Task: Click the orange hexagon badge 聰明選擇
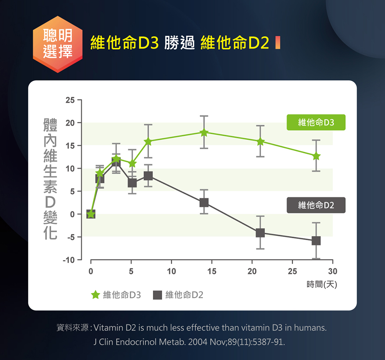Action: click(58, 44)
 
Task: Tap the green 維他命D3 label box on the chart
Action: click(316, 122)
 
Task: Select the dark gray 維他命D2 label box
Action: click(316, 205)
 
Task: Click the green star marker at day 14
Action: click(204, 133)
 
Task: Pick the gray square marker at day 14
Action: click(204, 203)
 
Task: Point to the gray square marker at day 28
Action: click(316, 241)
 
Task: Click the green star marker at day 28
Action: click(316, 156)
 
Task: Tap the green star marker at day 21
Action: click(260, 141)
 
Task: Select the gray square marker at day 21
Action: click(260, 233)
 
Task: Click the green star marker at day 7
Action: click(148, 141)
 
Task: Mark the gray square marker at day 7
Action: click(148, 176)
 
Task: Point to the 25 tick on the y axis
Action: click(70, 100)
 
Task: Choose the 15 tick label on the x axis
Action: click(211, 272)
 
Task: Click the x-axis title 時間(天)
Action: click(322, 285)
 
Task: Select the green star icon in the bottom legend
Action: click(95, 295)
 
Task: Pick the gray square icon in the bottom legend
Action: click(157, 295)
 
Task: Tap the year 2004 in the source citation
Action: click(196, 342)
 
